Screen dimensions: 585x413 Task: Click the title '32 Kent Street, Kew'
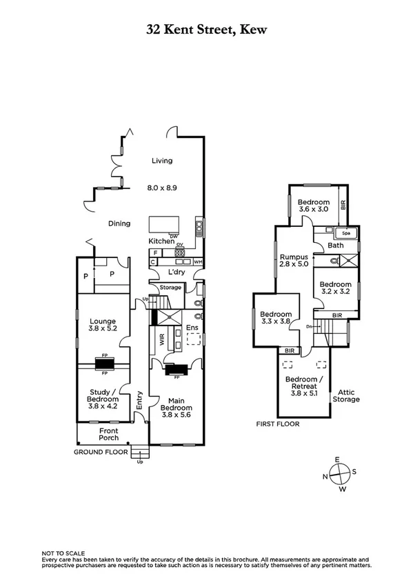(x=206, y=30)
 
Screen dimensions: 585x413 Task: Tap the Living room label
(x=162, y=161)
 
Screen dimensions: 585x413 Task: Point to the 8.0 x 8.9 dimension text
(x=162, y=187)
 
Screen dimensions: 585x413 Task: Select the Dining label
(x=119, y=223)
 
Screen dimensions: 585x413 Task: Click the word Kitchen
(x=162, y=241)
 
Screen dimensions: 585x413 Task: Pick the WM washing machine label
(x=198, y=262)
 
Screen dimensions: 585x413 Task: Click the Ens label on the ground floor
(x=191, y=326)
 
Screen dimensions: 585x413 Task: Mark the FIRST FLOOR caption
(x=277, y=424)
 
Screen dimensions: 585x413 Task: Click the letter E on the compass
(x=337, y=460)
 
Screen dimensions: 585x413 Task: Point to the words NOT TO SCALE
(x=63, y=553)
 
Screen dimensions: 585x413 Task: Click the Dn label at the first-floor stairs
(x=311, y=326)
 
